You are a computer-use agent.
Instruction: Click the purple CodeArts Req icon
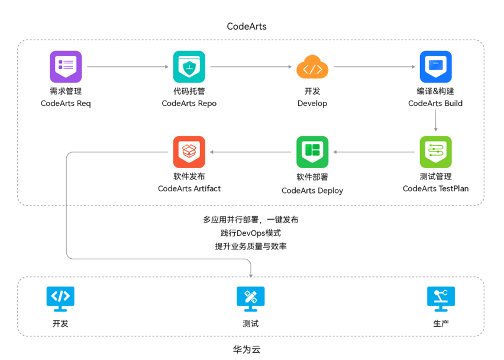[x=66, y=66]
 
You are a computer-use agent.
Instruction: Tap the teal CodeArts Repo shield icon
[x=189, y=66]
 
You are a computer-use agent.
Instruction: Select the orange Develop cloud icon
[x=312, y=67]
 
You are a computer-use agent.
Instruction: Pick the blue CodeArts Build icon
[x=435, y=66]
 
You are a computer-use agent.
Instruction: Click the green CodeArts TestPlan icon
[x=435, y=152]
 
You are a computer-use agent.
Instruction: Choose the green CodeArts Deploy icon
[x=312, y=152]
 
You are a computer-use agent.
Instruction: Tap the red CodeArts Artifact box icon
[x=189, y=152]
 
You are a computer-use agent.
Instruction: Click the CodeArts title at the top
[x=247, y=27]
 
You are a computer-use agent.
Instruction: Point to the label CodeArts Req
[x=66, y=103]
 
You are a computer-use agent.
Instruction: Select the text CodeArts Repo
[x=189, y=103]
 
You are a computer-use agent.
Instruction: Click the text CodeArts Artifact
[x=189, y=188]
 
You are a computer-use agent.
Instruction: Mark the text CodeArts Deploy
[x=312, y=191]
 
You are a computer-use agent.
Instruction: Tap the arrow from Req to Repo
[x=128, y=67]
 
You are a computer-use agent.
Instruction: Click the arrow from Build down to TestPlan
[x=435, y=120]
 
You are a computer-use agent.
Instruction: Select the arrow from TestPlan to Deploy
[x=374, y=152]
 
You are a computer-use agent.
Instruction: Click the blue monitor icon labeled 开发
[x=60, y=299]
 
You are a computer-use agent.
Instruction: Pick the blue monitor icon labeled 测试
[x=250, y=299]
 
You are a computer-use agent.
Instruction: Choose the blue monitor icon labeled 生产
[x=441, y=299]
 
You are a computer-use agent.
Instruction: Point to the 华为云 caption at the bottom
[x=247, y=349]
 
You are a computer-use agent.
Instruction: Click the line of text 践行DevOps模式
[x=250, y=233]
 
